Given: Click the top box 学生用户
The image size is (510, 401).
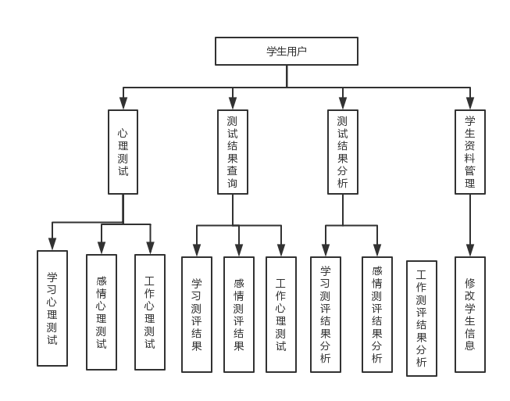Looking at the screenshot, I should point(287,52).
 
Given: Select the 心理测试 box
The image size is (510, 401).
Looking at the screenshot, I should point(123,152).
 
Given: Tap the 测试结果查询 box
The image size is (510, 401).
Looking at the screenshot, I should point(233,152).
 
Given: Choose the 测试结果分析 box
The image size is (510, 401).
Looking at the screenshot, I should point(342,152).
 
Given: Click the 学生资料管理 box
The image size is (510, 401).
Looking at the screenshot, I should point(469,152).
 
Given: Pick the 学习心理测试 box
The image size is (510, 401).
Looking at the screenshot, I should point(52,308).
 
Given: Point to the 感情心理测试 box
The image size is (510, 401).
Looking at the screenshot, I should point(101,312).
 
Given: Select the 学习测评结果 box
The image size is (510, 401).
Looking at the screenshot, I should point(197,314).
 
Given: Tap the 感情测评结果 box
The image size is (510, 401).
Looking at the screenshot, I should point(239,314).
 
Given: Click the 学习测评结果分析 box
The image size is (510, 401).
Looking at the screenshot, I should point(326,314).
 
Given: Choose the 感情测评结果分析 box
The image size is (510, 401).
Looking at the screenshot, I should point(377,314).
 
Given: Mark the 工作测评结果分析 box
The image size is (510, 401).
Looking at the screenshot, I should point(422,318).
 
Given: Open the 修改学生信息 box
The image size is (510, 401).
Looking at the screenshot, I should point(469,314).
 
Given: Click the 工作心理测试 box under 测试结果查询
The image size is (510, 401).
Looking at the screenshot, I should point(281,314).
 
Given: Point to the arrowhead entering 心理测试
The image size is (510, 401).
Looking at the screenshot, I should point(123,104).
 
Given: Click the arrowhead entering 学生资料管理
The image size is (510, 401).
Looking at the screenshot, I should point(469,104).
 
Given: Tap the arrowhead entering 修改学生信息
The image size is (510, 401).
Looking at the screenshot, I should point(469,250).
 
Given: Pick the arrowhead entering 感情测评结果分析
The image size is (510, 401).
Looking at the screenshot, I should point(377,250).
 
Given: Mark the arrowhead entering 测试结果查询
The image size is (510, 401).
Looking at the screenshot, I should point(233,104).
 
